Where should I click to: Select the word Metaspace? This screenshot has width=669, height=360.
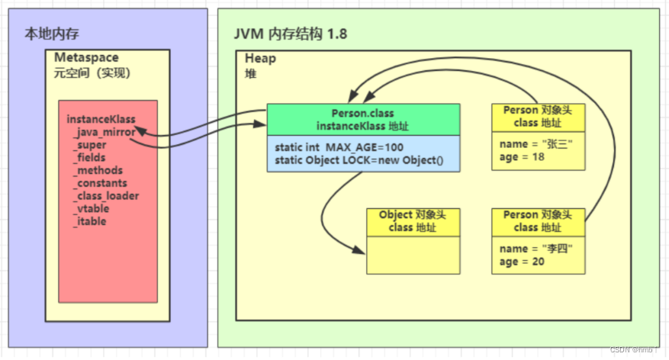tap(86, 58)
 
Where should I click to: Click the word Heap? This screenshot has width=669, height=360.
tap(260, 58)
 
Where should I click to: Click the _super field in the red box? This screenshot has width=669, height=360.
tap(90, 145)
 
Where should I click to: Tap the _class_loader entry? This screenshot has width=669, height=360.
tap(106, 196)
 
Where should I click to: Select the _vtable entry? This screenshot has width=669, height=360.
tap(92, 208)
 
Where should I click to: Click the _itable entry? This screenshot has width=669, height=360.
tap(90, 221)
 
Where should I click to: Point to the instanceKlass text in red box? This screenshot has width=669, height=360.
tap(101, 119)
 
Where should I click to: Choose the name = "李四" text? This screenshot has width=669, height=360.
tap(536, 249)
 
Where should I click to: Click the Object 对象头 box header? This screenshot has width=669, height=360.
tap(412, 221)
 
